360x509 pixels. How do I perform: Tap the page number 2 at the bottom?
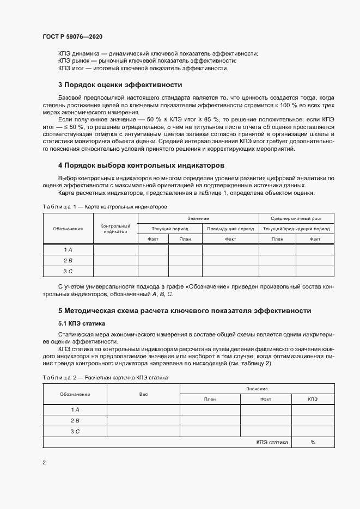pos(44,463)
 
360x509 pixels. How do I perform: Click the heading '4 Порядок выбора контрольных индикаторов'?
pos(141,165)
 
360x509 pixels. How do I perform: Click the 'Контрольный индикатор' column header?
pos(115,229)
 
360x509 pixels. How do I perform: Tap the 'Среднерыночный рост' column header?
pos(296,218)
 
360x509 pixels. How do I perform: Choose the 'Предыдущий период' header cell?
pos(230,229)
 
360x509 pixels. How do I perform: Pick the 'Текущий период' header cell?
pos(170,229)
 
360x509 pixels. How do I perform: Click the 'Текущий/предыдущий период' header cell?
pos(296,229)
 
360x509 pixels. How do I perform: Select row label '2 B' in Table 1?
pos(68,260)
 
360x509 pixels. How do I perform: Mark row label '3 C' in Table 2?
pos(75,431)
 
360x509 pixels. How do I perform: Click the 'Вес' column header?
pos(143,394)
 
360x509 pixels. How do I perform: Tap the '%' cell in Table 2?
pos(313,442)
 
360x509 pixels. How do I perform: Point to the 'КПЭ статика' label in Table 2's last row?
pos(272,442)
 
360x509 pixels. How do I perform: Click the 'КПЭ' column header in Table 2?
pos(313,399)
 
